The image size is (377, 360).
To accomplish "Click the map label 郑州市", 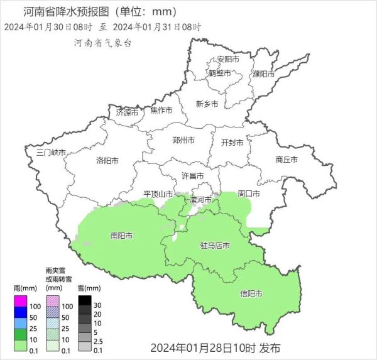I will (183, 140).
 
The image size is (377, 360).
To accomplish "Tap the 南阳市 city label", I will (121, 236).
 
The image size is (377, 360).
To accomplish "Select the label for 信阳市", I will (251, 293).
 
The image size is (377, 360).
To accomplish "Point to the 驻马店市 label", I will (215, 245).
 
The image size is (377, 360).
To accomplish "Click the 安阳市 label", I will (228, 60).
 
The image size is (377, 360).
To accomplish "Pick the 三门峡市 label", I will (51, 153).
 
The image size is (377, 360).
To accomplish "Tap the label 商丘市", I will (287, 160).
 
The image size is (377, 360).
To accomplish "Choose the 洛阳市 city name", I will (107, 161).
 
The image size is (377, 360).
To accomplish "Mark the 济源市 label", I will (127, 112).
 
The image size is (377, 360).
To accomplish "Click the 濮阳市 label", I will (263, 74).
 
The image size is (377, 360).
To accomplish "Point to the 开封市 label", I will (232, 143).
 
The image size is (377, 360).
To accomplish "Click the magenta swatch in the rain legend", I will (21, 305).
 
